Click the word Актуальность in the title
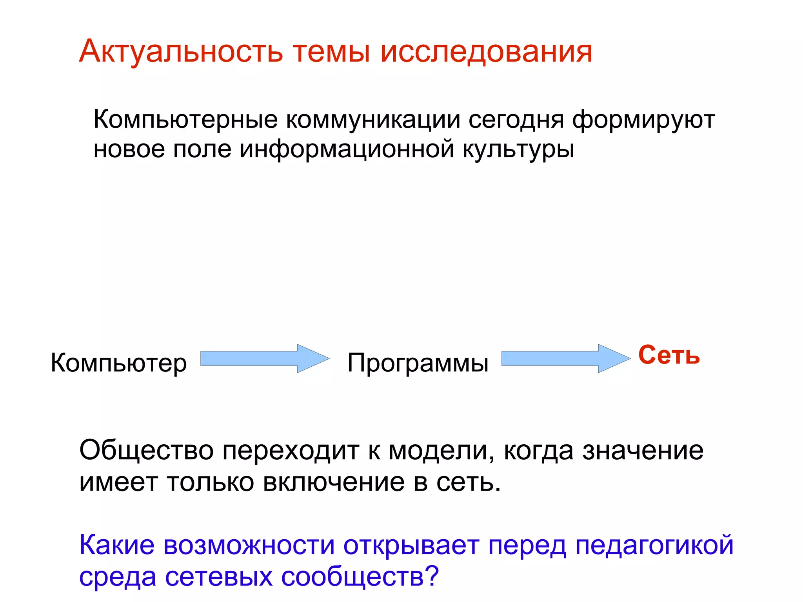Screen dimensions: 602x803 click(181, 51)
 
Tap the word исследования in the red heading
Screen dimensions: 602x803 click(486, 51)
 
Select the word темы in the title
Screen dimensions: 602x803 click(331, 51)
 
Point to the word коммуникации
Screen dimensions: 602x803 click(373, 120)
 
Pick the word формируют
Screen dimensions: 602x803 click(643, 120)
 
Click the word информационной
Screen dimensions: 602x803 click(347, 149)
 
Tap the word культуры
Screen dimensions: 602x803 click(518, 149)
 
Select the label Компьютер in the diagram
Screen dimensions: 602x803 click(119, 363)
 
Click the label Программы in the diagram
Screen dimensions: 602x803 click(418, 362)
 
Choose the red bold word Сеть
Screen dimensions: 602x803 click(669, 355)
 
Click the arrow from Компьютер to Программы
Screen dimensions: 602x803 click(265, 358)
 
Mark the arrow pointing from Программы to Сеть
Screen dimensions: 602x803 click(565, 358)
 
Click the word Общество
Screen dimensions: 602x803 click(146, 450)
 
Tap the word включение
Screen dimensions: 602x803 click(334, 482)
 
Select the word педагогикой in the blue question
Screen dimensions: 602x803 click(654, 546)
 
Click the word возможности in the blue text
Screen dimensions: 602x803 click(249, 546)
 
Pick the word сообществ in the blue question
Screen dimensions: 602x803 click(353, 577)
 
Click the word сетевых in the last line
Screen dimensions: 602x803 click(218, 577)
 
